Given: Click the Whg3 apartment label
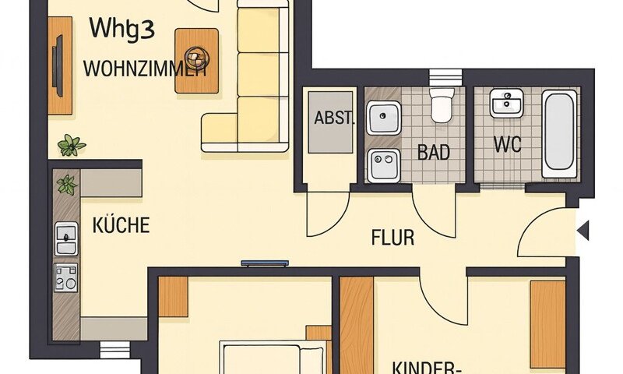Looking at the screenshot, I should [x=122, y=28].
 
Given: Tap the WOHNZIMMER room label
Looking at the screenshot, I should [x=144, y=69].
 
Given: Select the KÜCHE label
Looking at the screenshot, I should [x=121, y=226].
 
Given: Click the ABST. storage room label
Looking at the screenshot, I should [x=334, y=119].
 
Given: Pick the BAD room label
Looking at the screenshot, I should [x=434, y=152].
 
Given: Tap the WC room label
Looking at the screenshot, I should [x=507, y=145].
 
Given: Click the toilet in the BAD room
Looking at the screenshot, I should [x=442, y=104].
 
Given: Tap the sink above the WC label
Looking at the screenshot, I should [x=507, y=104].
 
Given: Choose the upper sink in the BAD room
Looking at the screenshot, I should [x=382, y=118].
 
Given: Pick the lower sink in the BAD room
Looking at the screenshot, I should [x=382, y=164].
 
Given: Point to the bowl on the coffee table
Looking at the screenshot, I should [x=197, y=56].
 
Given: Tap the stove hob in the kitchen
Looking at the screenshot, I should [x=66, y=277].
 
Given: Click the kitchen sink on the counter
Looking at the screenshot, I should [x=66, y=238].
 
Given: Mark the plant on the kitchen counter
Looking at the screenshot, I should [x=67, y=185].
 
